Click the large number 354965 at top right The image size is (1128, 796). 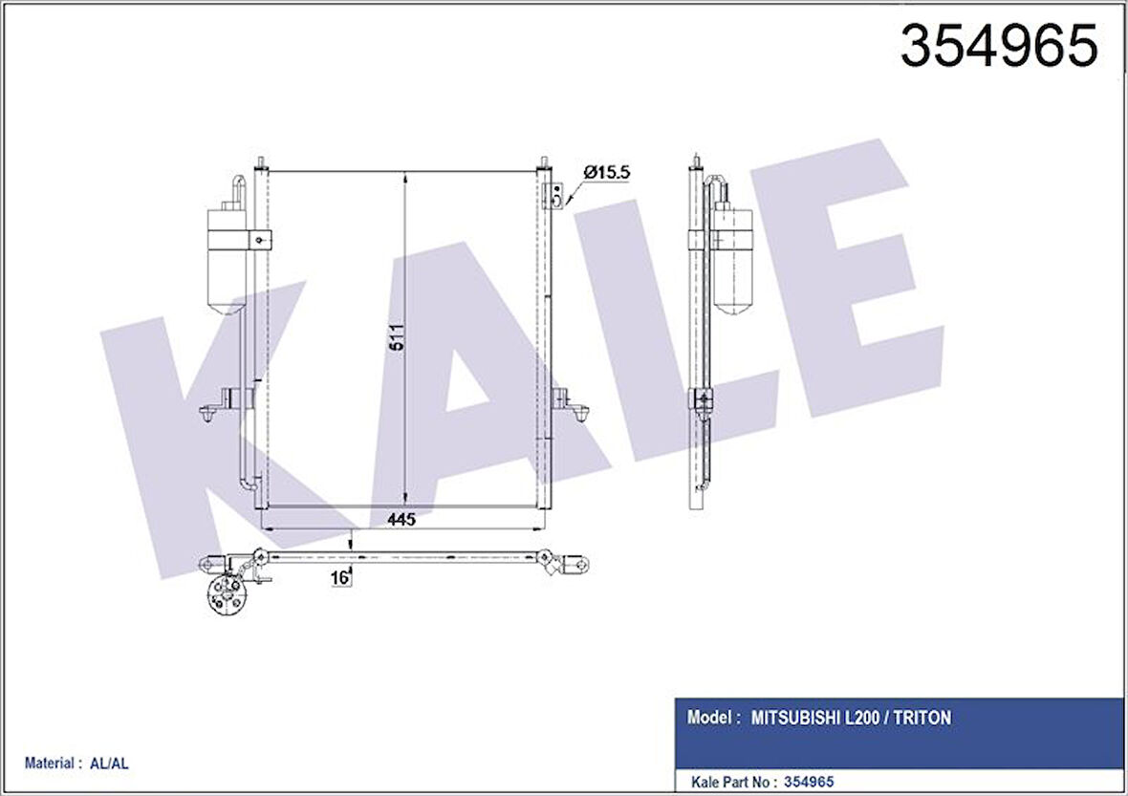(x=999, y=45)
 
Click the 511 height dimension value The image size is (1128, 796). (x=397, y=337)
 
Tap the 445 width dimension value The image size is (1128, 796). (x=401, y=520)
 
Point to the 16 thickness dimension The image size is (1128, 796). (x=339, y=576)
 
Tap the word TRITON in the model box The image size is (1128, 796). (x=922, y=718)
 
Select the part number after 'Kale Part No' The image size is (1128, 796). (x=810, y=782)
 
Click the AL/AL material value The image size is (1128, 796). (x=110, y=764)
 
